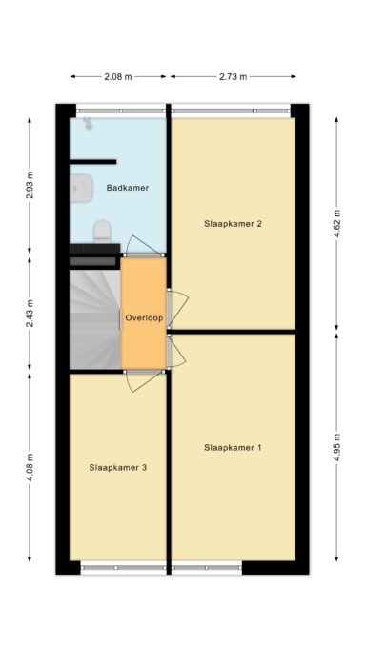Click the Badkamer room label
coord(128,188)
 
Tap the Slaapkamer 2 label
coord(233,224)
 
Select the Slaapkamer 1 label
coord(233,448)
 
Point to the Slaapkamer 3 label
coord(118,467)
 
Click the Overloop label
coord(144,318)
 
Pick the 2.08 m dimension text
coord(118,77)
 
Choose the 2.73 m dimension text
coord(233,77)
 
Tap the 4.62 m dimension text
coord(336,223)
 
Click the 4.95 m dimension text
coord(336,447)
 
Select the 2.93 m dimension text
coord(30,185)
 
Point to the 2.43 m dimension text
coord(30,313)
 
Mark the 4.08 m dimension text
coord(30,467)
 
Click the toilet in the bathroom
coord(103,232)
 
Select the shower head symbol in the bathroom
coord(88,124)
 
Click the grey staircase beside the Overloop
coord(95,319)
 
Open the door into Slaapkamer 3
coord(143,381)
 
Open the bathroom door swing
coord(142,245)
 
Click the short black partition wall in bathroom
coord(93,162)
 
